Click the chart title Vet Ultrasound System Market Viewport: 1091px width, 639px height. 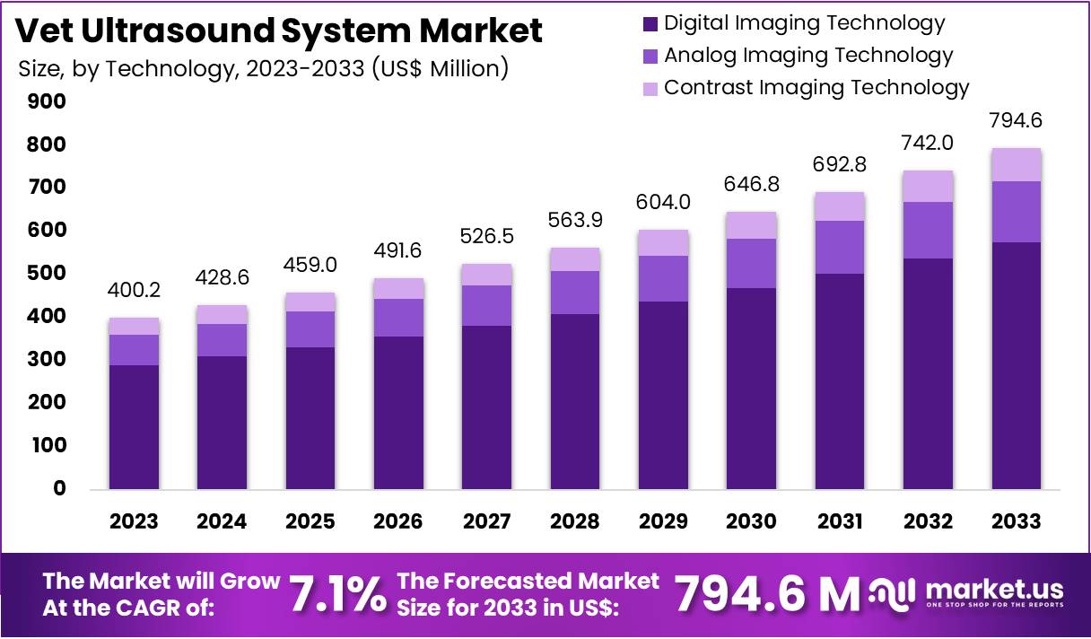[280, 31]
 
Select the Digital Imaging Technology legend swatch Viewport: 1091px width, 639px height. [650, 24]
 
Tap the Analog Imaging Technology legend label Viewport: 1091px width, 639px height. [807, 56]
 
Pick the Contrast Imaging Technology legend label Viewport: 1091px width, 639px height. [816, 87]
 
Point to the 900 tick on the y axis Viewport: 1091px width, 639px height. [48, 101]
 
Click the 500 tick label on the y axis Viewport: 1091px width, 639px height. [48, 274]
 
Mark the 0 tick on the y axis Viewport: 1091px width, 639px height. [59, 489]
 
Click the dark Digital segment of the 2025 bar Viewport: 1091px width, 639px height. [310, 418]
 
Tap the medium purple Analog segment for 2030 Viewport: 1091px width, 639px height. [752, 263]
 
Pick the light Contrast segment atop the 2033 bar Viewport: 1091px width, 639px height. [1017, 164]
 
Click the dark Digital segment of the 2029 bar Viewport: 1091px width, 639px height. [663, 395]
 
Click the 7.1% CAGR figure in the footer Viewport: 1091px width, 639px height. [337, 593]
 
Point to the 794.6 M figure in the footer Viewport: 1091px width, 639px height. [767, 593]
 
